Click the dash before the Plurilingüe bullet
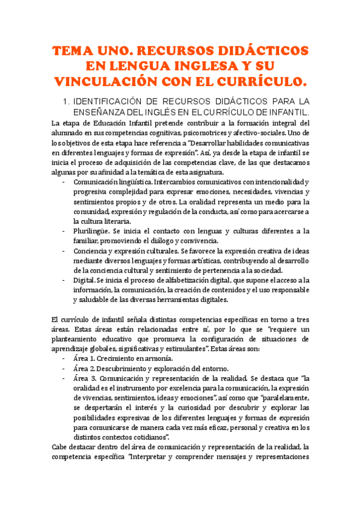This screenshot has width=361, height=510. pos(64,231)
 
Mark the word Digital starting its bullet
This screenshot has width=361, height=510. pos(84,280)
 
